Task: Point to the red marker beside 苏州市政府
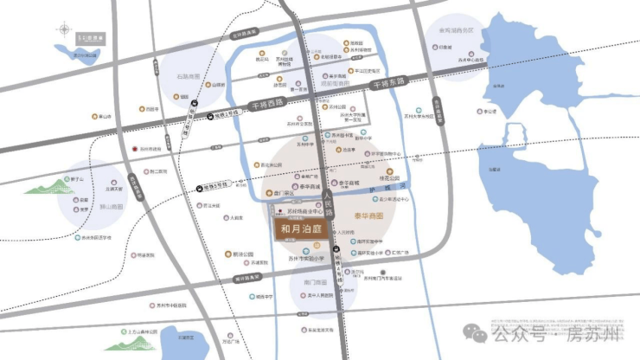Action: tap(133, 149)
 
